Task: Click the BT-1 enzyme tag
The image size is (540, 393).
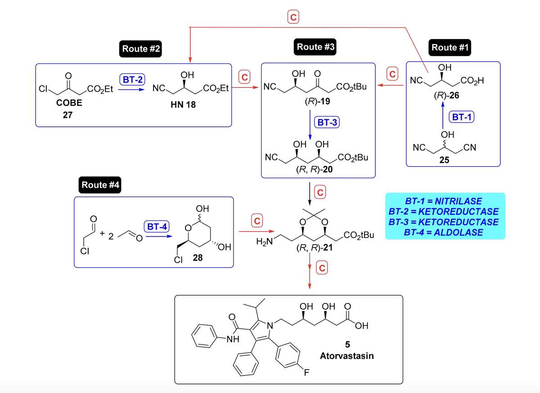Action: point(462,116)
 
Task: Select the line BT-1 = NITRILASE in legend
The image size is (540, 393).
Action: point(445,201)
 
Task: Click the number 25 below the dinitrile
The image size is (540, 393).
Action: point(444,159)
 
